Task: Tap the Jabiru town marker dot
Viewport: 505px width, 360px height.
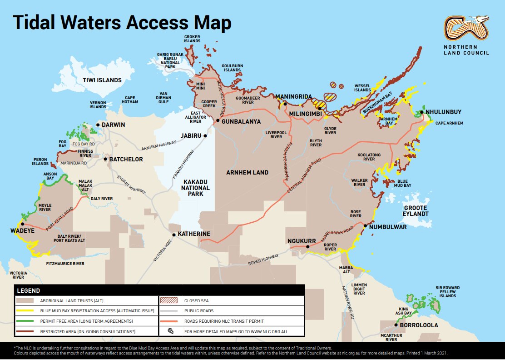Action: tap(205, 135)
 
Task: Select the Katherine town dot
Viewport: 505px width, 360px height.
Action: tap(173, 235)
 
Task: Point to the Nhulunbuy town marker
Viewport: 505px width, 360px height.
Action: tap(421, 112)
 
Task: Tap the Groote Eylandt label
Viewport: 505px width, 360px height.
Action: tap(416, 210)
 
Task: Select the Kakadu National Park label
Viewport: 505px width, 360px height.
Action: tap(195, 188)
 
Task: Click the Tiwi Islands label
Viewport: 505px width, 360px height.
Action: tap(102, 80)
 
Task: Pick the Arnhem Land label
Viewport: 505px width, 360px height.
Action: tap(248, 172)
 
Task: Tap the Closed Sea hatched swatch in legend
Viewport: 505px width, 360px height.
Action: tap(170, 300)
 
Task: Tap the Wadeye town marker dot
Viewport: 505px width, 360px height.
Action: tap(21, 224)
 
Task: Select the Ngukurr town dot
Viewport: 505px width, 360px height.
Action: tap(307, 247)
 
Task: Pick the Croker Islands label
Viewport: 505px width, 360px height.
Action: tap(192, 39)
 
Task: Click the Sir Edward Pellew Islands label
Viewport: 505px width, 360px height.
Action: tap(447, 292)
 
